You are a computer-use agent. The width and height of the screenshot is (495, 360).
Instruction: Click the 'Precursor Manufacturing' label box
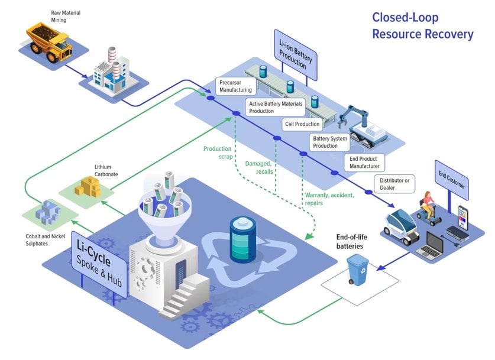pyautogui.click(x=235, y=86)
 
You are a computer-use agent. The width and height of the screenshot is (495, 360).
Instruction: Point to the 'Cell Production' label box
pyautogui.click(x=302, y=124)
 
